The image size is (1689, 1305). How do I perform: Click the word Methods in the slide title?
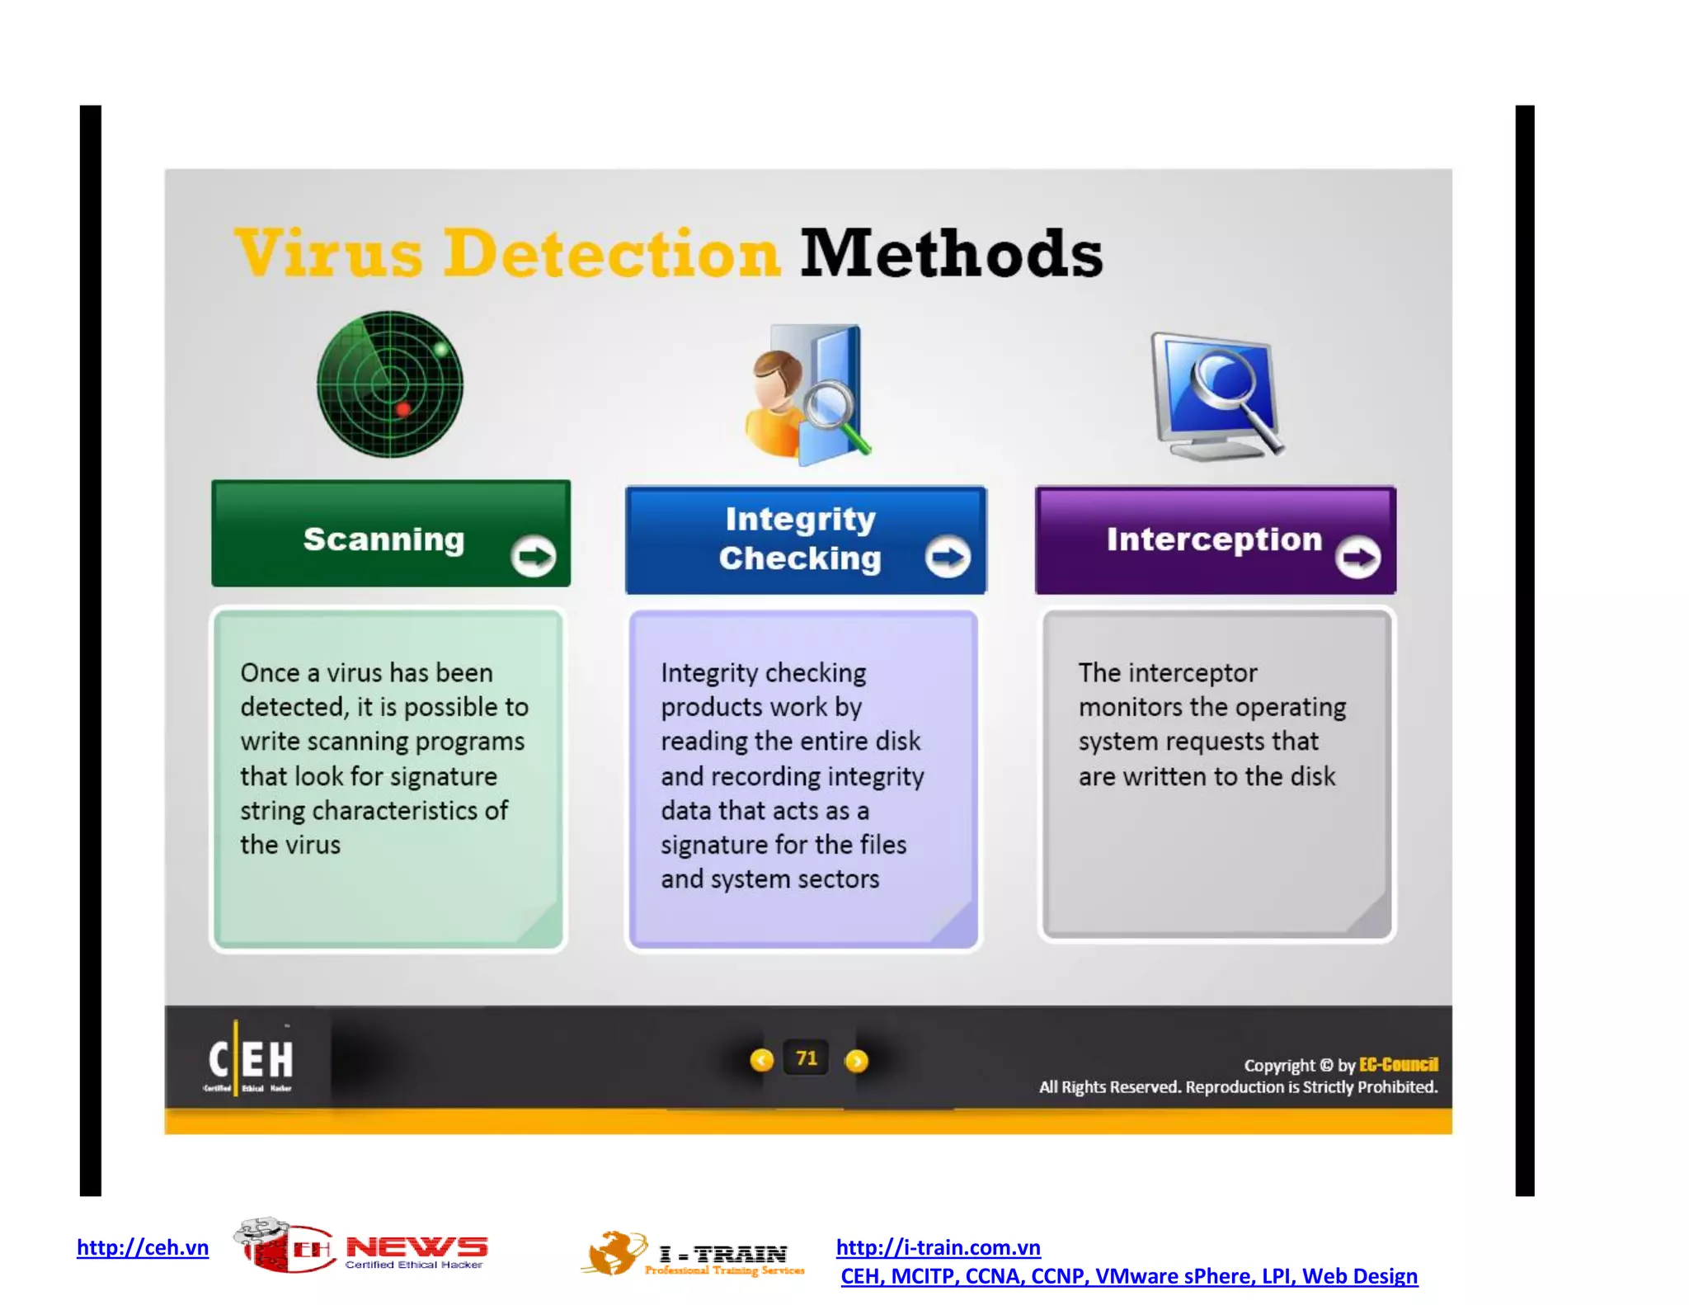tap(951, 253)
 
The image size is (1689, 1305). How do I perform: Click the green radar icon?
tap(390, 384)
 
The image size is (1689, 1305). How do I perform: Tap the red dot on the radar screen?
tap(403, 409)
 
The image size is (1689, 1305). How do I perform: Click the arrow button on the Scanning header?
tap(533, 556)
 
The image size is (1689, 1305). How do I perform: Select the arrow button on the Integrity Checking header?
tap(947, 557)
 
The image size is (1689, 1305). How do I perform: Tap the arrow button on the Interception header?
tap(1357, 558)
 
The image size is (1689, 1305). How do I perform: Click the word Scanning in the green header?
tap(384, 539)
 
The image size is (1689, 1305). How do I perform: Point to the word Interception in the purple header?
tap(1214, 539)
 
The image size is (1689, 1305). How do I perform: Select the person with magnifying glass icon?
tap(807, 394)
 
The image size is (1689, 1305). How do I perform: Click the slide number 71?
tap(807, 1058)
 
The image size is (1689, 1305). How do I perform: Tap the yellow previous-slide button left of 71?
tap(761, 1060)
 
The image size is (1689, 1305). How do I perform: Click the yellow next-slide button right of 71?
tap(857, 1061)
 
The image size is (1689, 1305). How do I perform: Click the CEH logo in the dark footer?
tap(250, 1060)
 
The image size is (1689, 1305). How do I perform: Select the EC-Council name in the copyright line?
tap(1398, 1065)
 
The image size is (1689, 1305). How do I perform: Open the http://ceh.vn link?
tap(143, 1247)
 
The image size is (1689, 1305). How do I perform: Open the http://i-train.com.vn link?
tap(938, 1247)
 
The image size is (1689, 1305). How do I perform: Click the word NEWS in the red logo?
tap(416, 1246)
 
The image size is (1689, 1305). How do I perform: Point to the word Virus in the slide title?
tap(328, 253)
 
